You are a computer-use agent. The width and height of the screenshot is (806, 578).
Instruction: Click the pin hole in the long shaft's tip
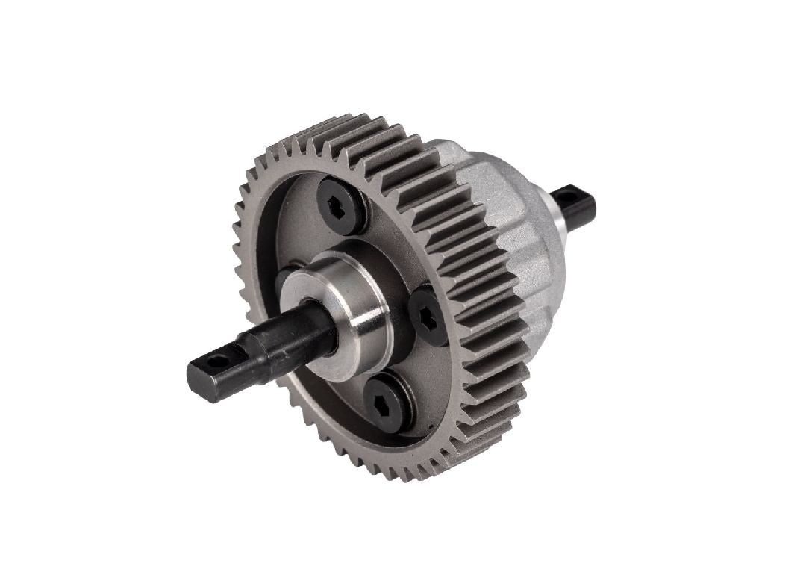(x=216, y=362)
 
